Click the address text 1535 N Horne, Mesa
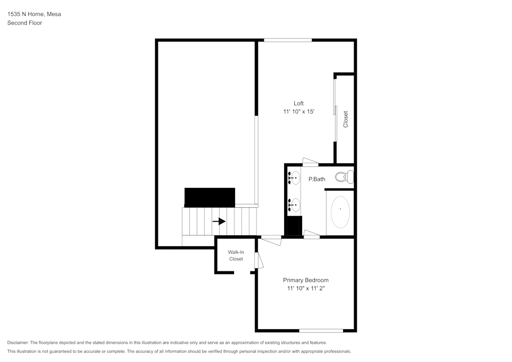[x=34, y=14]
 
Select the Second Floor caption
[x=25, y=23]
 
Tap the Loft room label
[x=298, y=103]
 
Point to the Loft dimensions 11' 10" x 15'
[x=298, y=112]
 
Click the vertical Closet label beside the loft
[x=346, y=119]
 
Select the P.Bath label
[x=316, y=179]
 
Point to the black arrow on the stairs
[x=219, y=221]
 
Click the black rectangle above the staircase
[x=209, y=197]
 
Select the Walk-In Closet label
[x=236, y=255]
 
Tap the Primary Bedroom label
[x=306, y=280]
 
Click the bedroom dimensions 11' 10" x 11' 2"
[x=306, y=289]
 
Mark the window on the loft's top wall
[x=288, y=40]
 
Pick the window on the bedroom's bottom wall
[x=321, y=330]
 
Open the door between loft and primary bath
[x=310, y=162]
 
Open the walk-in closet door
[x=260, y=260]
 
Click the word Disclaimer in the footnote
[x=18, y=343]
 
